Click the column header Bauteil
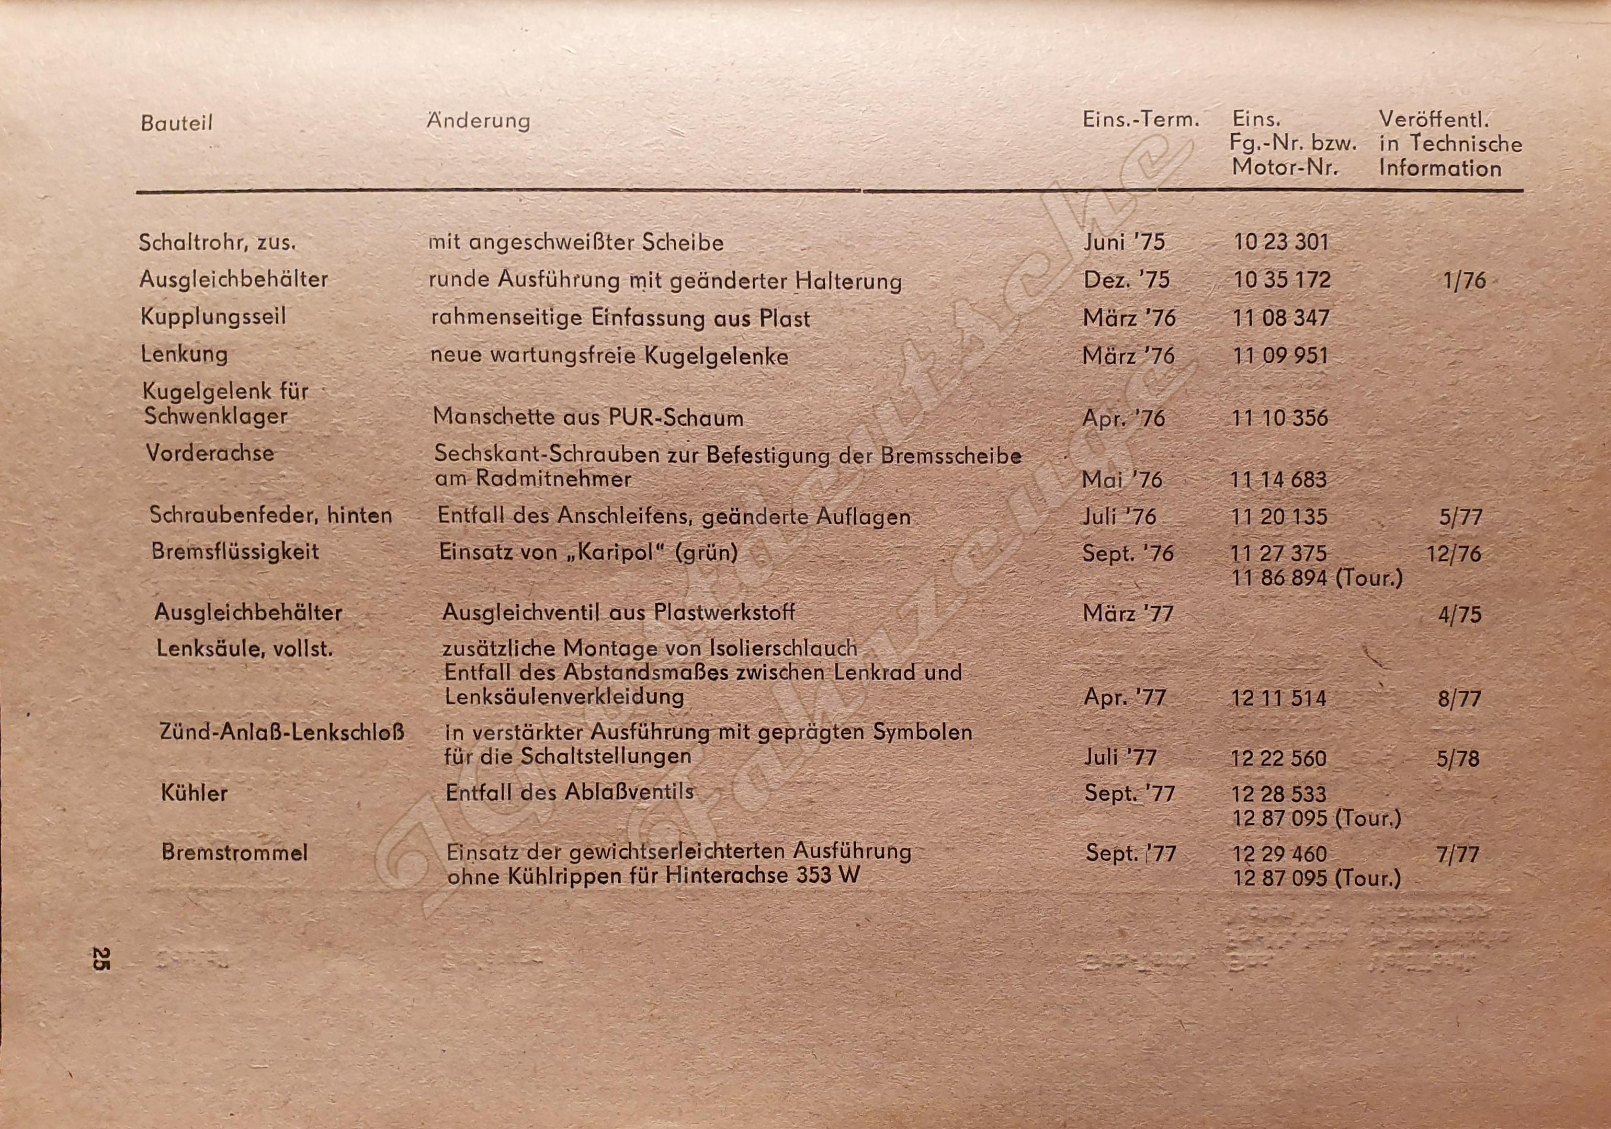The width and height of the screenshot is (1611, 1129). pyautogui.click(x=176, y=123)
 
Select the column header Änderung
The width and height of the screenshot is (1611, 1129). pyautogui.click(x=478, y=121)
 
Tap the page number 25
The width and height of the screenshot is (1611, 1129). pyautogui.click(x=100, y=958)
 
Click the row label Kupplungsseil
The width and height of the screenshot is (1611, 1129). pyautogui.click(x=213, y=316)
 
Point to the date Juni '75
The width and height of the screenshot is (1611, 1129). pyautogui.click(x=1124, y=242)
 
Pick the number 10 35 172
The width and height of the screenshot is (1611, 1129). pyautogui.click(x=1282, y=280)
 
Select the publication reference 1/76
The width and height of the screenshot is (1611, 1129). pyautogui.click(x=1465, y=281)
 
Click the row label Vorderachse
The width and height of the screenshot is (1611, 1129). pyautogui.click(x=210, y=453)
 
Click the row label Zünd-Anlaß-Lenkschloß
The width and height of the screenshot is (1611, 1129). pyautogui.click(x=282, y=733)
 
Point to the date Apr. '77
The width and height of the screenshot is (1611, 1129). pyautogui.click(x=1125, y=697)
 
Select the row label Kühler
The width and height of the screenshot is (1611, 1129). pyautogui.click(x=195, y=793)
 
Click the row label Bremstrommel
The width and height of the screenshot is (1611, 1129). pyautogui.click(x=234, y=852)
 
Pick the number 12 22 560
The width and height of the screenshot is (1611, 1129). pyautogui.click(x=1278, y=758)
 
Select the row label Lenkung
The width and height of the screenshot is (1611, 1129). pyautogui.click(x=185, y=354)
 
